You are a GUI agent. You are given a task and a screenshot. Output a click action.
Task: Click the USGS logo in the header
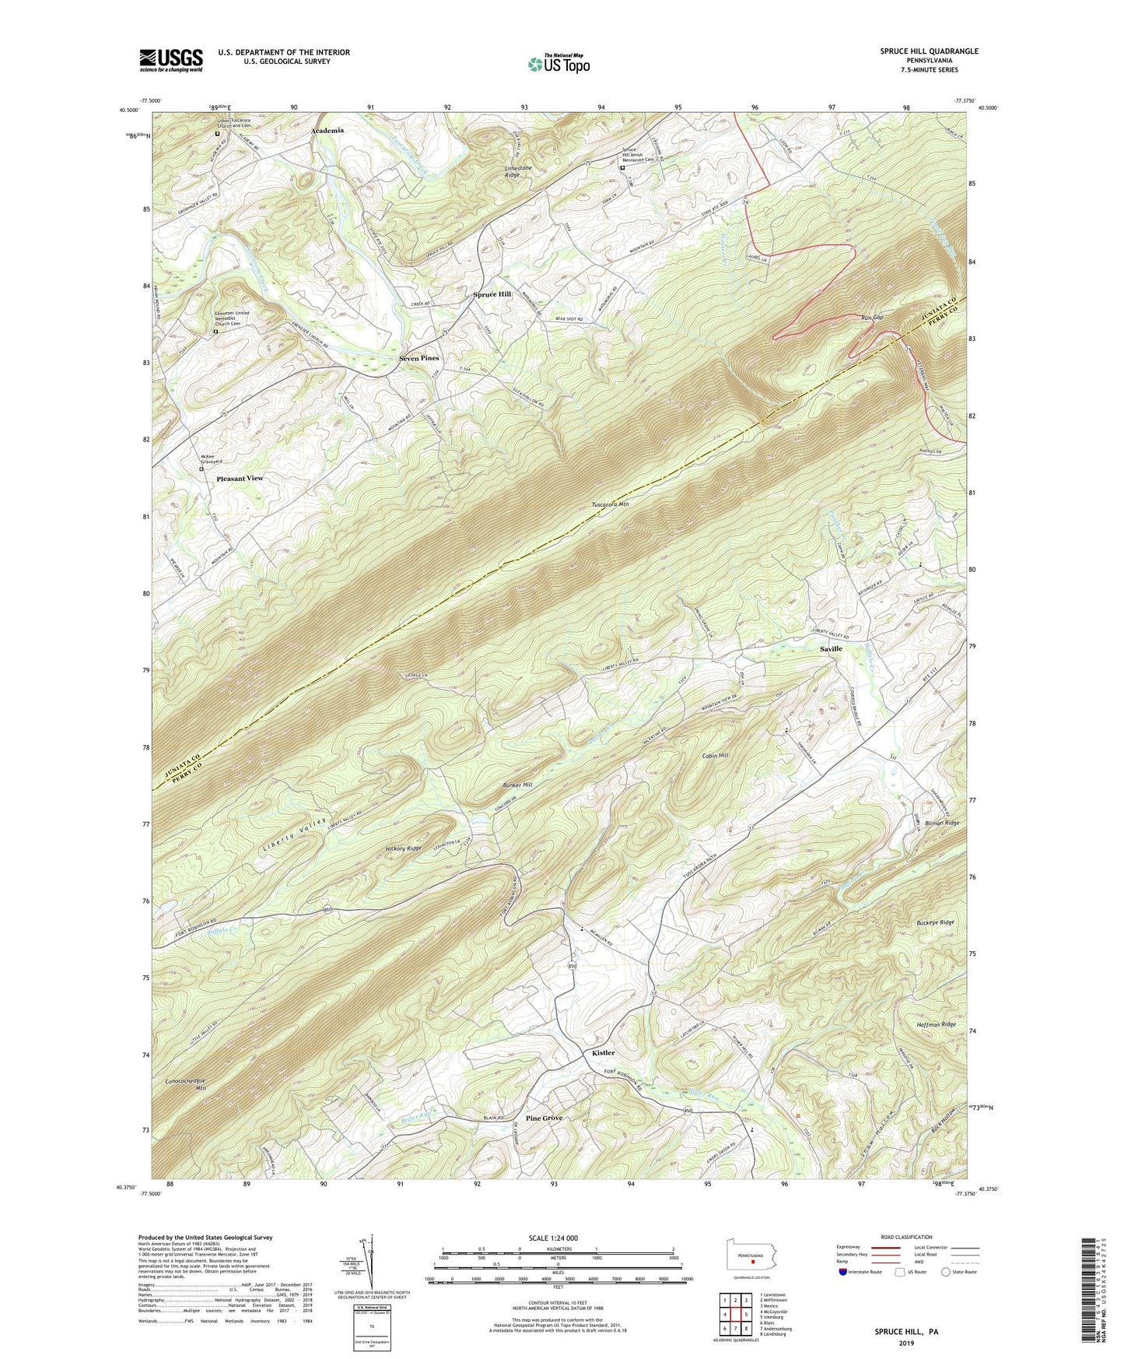click(x=171, y=60)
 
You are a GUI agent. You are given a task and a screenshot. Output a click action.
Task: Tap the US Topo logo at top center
click(x=558, y=64)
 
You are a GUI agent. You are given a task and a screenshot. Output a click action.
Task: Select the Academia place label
click(x=327, y=131)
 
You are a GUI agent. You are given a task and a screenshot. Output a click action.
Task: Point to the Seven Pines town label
click(x=418, y=358)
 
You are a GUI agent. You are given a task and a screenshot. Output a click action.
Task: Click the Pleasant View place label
click(x=240, y=478)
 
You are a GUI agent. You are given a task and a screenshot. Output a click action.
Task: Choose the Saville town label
click(x=831, y=648)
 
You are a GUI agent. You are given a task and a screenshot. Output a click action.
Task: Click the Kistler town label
click(x=603, y=1052)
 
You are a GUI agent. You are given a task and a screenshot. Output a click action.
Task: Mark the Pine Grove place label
click(x=544, y=1118)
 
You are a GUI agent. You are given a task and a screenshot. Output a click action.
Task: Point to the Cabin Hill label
click(x=715, y=756)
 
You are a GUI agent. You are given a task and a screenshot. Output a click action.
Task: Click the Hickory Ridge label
click(x=403, y=848)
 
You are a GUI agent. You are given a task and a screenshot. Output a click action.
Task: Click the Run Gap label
click(x=872, y=318)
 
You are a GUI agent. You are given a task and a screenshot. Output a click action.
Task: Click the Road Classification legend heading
click(x=906, y=1237)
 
